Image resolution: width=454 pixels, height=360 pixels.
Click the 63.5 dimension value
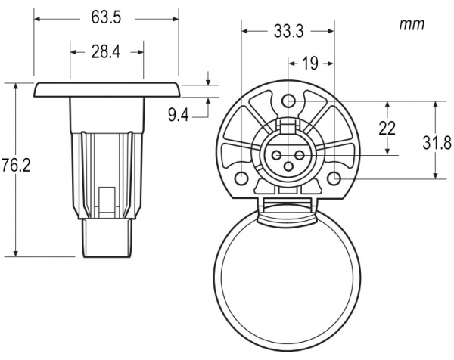tap(106, 18)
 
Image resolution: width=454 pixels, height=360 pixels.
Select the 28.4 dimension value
tap(106, 52)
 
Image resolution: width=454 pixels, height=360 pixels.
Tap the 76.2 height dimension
tap(16, 166)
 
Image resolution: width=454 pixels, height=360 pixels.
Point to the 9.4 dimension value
tap(179, 116)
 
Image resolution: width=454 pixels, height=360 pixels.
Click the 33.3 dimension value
tap(289, 31)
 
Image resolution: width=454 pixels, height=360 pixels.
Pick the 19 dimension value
tap(309, 64)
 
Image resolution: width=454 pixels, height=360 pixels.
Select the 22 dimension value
tap(387, 129)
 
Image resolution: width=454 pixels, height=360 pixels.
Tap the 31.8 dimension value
tap(437, 143)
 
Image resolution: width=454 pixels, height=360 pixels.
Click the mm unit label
tap(412, 25)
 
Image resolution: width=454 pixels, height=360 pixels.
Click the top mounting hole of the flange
tap(288, 101)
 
